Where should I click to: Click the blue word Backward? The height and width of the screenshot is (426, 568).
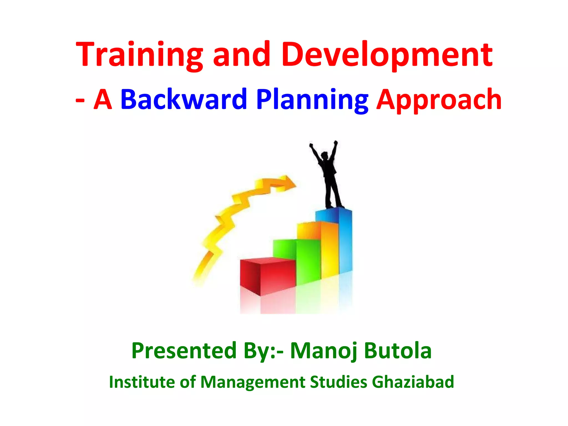tap(184, 99)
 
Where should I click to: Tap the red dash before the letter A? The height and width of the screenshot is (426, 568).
tap(80, 100)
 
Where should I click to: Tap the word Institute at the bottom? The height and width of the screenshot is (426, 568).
tap(142, 382)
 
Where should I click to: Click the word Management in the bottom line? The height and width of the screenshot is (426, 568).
tap(252, 382)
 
